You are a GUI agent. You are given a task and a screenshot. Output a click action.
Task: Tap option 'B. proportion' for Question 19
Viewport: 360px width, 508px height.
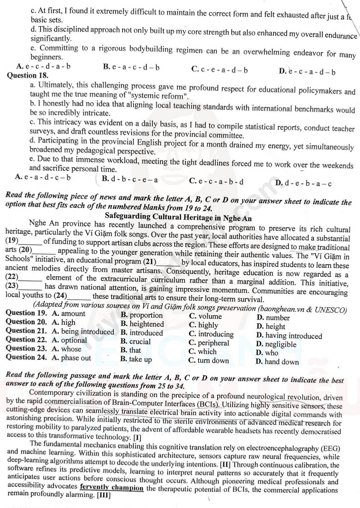pos(142,315)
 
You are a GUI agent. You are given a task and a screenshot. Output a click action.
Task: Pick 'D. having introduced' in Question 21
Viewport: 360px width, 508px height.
pos(289,336)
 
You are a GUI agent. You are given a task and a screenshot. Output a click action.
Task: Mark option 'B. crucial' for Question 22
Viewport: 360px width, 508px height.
pos(136,341)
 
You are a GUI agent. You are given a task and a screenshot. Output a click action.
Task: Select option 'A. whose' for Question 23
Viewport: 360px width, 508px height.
pos(67,349)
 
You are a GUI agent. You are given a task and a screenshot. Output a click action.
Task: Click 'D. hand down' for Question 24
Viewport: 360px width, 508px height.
pos(277,362)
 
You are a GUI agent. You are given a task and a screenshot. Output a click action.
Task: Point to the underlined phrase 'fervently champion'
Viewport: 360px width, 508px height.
pos(112,488)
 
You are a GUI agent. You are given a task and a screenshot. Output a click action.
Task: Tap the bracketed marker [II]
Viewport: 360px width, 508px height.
pos(226,464)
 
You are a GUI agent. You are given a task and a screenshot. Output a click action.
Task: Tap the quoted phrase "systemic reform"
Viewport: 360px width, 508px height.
pos(164,97)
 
